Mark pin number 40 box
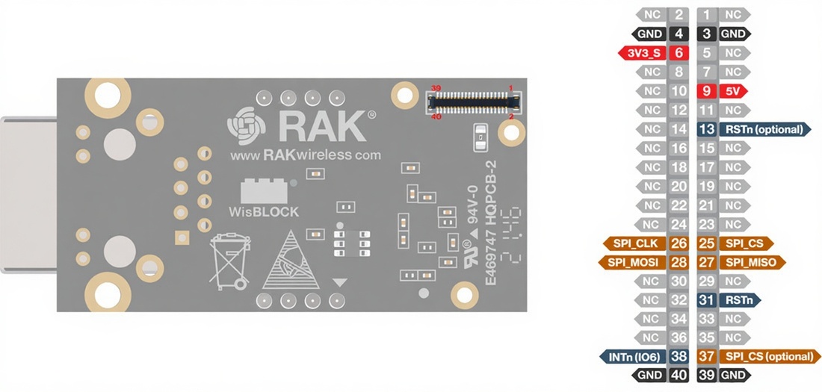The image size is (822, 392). [x=679, y=375]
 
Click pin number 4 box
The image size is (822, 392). [x=679, y=34]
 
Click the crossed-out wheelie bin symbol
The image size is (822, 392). [x=229, y=261]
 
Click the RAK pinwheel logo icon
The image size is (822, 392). [x=245, y=125]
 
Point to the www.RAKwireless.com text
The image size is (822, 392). [x=305, y=155]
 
